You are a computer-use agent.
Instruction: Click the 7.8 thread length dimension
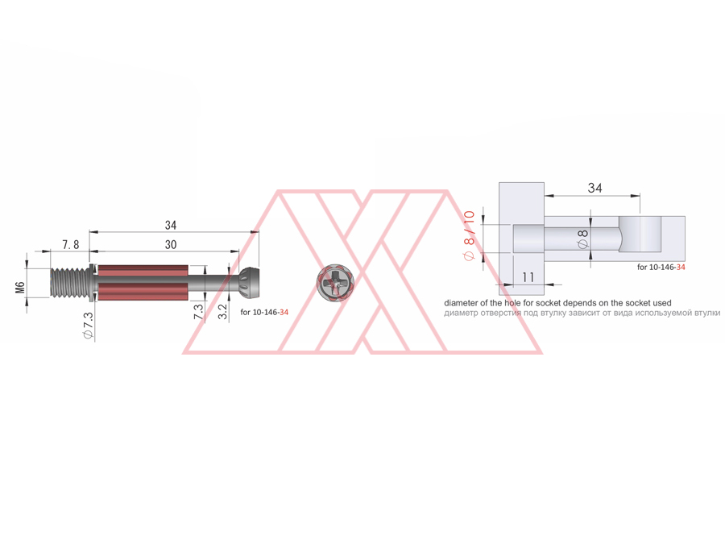[x=70, y=244]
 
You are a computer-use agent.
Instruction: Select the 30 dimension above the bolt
[x=170, y=244]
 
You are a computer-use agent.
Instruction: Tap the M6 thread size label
[x=20, y=287]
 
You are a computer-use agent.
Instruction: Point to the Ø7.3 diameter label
[x=88, y=326]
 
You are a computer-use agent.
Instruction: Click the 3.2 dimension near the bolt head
[x=223, y=312]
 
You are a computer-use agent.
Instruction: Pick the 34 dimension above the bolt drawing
[x=170, y=225]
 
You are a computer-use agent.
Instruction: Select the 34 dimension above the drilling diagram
[x=594, y=188]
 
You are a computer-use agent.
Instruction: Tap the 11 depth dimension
[x=528, y=276]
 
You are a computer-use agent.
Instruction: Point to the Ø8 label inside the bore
[x=583, y=238]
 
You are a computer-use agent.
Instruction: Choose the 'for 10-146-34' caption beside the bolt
[x=264, y=311]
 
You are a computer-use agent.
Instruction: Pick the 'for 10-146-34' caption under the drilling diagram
[x=661, y=267]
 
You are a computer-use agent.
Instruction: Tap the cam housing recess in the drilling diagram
[x=640, y=235]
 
